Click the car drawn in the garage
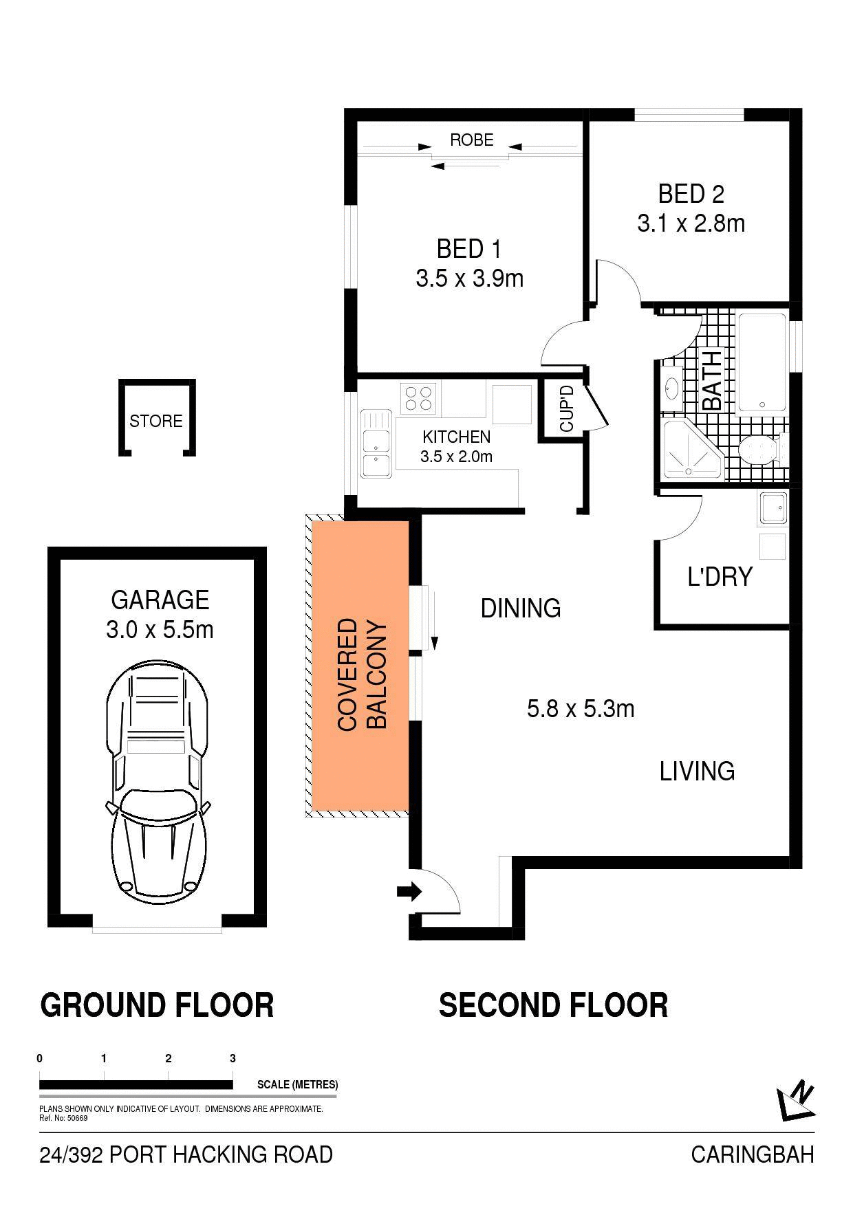158,784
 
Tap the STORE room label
156,421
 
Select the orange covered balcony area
360,666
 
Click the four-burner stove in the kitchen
420,398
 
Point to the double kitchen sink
375,444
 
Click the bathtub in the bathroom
762,364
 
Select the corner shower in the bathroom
691,450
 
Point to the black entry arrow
409,892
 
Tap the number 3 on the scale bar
233,1059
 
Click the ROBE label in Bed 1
472,140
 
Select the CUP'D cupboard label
567,408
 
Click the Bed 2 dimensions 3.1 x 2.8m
691,224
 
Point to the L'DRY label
720,576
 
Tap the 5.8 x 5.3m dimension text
581,708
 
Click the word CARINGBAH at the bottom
753,1154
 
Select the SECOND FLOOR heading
553,1005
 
